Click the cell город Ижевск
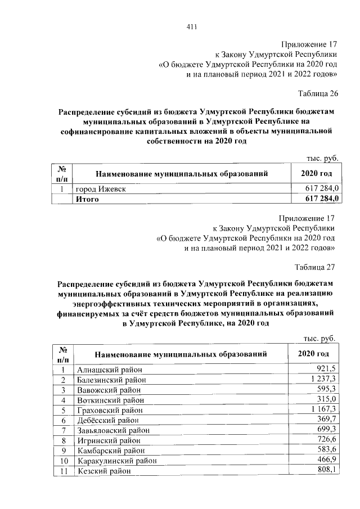click(101, 189)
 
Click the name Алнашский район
click(110, 370)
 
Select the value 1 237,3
click(324, 380)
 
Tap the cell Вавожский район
click(110, 390)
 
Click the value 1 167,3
click(324, 409)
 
